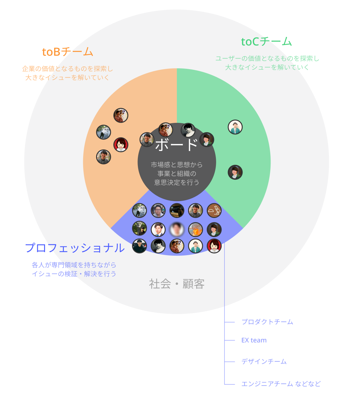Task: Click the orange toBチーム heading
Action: tap(67, 52)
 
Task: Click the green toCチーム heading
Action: tap(266, 42)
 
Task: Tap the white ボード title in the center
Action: tap(177, 145)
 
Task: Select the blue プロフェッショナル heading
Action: tap(75, 248)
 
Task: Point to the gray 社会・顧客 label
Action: tap(177, 284)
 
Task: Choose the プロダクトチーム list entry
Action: tap(267, 322)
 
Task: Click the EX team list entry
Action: tap(254, 340)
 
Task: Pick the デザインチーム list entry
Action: tap(264, 361)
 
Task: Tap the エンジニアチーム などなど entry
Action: tap(281, 384)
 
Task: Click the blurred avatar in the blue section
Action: tap(177, 229)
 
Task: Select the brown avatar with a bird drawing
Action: tap(214, 211)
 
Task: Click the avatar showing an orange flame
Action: tap(196, 229)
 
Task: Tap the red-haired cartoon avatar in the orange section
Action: tap(121, 145)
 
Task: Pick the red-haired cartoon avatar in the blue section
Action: tap(214, 246)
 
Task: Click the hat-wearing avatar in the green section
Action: tap(235, 127)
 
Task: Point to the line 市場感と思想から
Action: tap(177, 165)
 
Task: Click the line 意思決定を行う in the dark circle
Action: tap(177, 182)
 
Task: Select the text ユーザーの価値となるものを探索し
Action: tap(267, 59)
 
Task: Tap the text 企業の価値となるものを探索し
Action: tap(67, 69)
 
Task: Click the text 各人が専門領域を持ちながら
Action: tap(74, 265)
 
